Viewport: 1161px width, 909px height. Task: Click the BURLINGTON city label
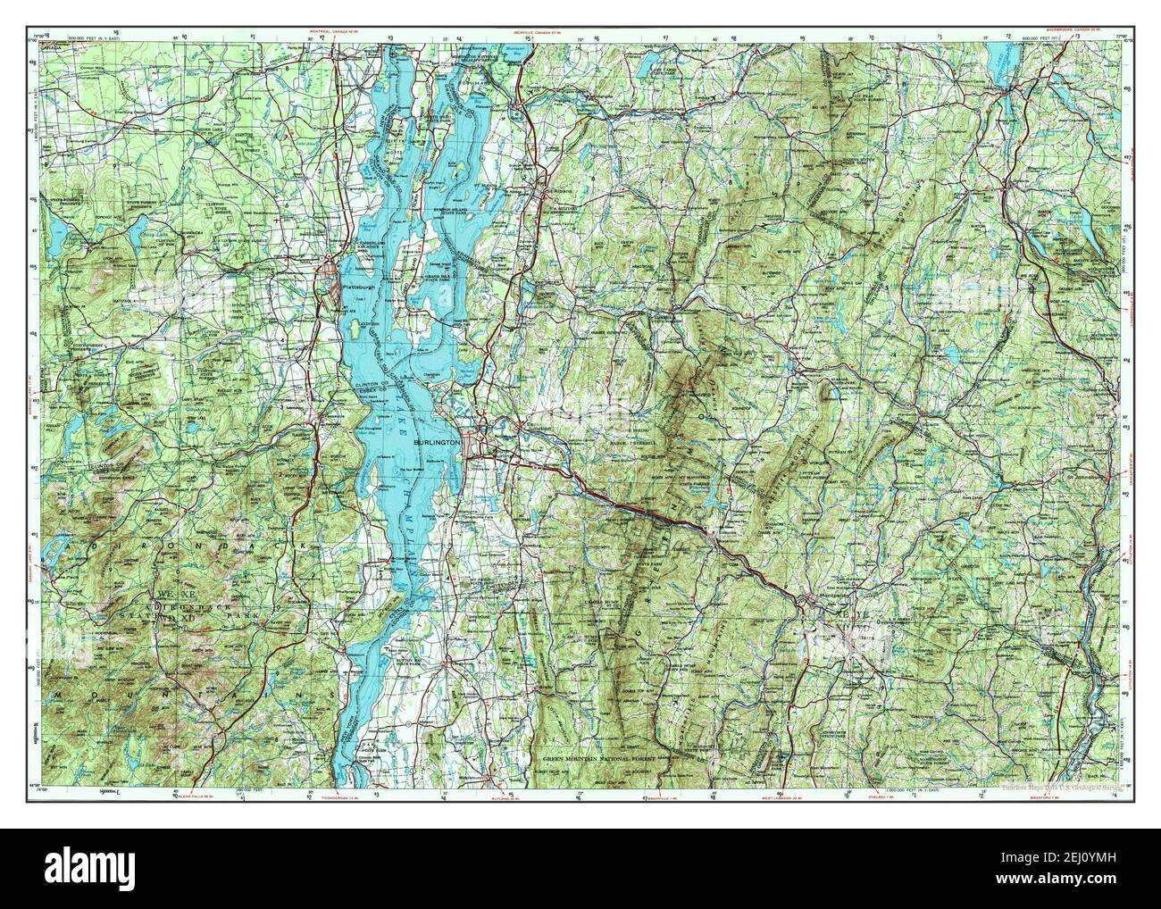(437, 442)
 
